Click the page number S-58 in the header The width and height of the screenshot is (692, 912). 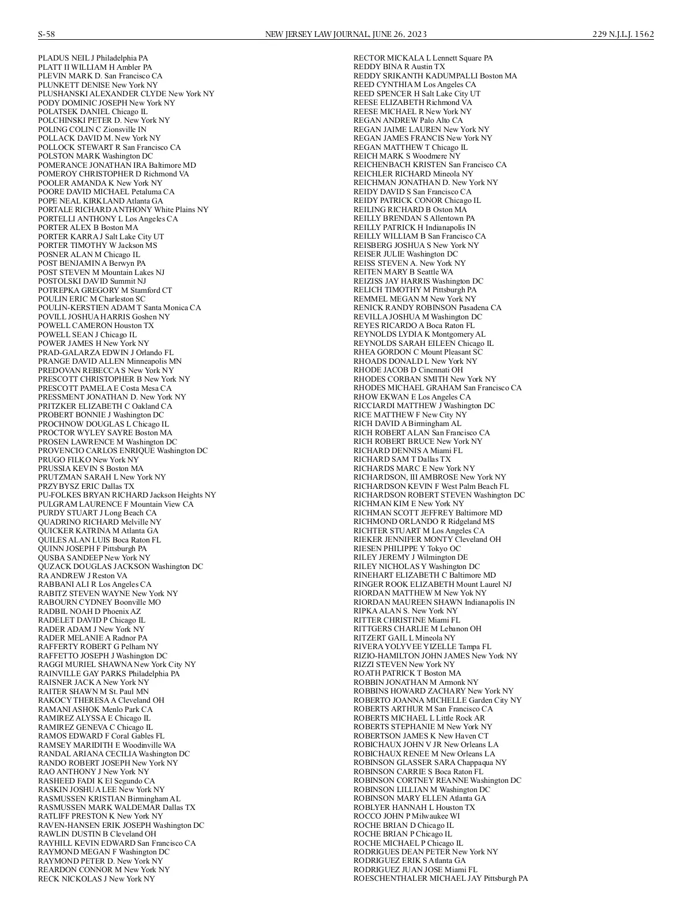click(x=46, y=35)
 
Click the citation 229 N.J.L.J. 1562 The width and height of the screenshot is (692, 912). click(x=623, y=35)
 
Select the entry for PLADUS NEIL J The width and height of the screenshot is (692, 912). click(x=93, y=58)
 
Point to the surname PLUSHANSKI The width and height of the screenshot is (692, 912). click(x=63, y=94)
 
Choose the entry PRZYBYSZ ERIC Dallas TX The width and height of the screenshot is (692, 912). click(x=86, y=487)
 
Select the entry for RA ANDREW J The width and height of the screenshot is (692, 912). click(x=82, y=575)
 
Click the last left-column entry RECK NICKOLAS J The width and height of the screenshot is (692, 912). click(x=96, y=879)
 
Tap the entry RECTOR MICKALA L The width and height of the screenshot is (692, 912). click(x=423, y=58)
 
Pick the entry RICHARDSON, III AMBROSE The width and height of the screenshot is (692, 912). click(x=430, y=477)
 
